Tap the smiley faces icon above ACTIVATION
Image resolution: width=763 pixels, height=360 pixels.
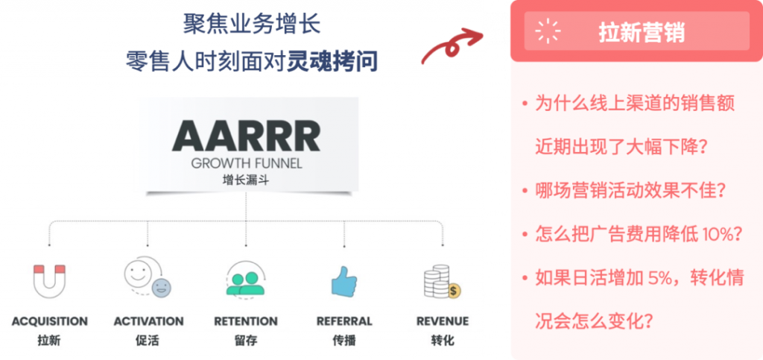click(x=147, y=277)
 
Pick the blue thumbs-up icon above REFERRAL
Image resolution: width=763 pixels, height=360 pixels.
click(x=344, y=282)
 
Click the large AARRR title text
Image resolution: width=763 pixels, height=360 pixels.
click(x=246, y=136)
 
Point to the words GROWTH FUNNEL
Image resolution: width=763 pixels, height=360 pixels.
click(x=246, y=163)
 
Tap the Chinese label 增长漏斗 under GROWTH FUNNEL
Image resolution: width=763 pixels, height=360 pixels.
click(x=246, y=180)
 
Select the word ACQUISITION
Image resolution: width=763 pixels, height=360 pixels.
click(x=49, y=322)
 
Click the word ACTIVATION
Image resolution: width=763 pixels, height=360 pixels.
click(x=148, y=322)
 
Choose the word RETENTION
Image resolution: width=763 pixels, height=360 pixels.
click(x=246, y=322)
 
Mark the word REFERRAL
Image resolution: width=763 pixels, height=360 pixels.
click(x=344, y=322)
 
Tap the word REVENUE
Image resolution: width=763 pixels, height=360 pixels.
click(x=443, y=322)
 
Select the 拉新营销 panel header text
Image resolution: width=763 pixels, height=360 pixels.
click(x=642, y=33)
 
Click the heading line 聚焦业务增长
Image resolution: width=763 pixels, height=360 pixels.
click(x=252, y=23)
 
